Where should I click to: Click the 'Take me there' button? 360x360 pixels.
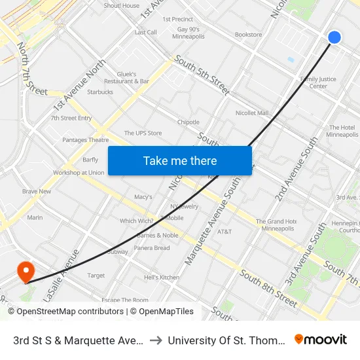point(179,160)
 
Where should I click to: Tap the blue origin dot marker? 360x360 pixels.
point(334,37)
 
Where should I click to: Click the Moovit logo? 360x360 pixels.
point(320,340)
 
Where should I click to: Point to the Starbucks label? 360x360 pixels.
point(99,92)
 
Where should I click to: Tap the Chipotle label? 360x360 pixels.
point(188,122)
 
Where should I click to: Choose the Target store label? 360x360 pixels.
point(96,276)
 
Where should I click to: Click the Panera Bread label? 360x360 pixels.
point(151,248)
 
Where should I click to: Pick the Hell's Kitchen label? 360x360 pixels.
point(161,278)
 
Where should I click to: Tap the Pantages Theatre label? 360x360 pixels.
point(85,140)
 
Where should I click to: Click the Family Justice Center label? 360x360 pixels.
point(318,82)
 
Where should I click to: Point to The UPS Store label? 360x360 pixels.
point(143,134)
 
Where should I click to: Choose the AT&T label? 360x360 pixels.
point(225,232)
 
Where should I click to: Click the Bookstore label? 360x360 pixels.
point(248,35)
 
